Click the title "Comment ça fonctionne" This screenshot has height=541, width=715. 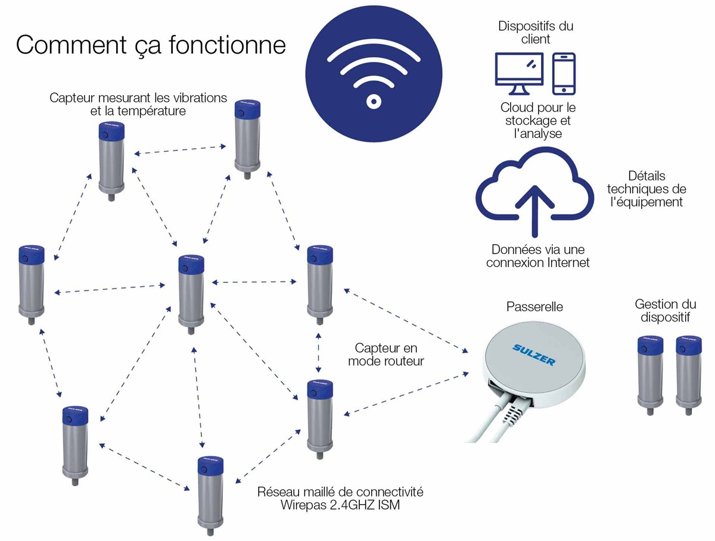pos(151,45)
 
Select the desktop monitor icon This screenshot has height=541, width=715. pos(519,74)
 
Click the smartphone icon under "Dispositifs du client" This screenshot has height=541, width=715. pos(564,74)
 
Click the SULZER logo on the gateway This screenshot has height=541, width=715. pos(533,355)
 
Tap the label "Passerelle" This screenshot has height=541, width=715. pos(534,307)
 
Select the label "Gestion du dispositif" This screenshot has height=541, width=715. pos(665,311)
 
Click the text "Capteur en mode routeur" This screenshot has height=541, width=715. pos(386,355)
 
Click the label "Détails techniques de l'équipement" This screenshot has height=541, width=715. pos(646,189)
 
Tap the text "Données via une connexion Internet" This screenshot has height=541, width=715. pos(537,256)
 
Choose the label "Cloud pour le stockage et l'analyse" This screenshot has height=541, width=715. pos(538,120)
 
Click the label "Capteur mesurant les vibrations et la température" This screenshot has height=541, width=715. pos(138,104)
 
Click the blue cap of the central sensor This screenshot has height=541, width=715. pos(191,264)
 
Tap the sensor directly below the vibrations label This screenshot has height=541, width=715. pos(111,161)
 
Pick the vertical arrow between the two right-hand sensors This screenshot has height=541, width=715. pos(318,353)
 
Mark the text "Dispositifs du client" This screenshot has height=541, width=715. pos(536,33)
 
